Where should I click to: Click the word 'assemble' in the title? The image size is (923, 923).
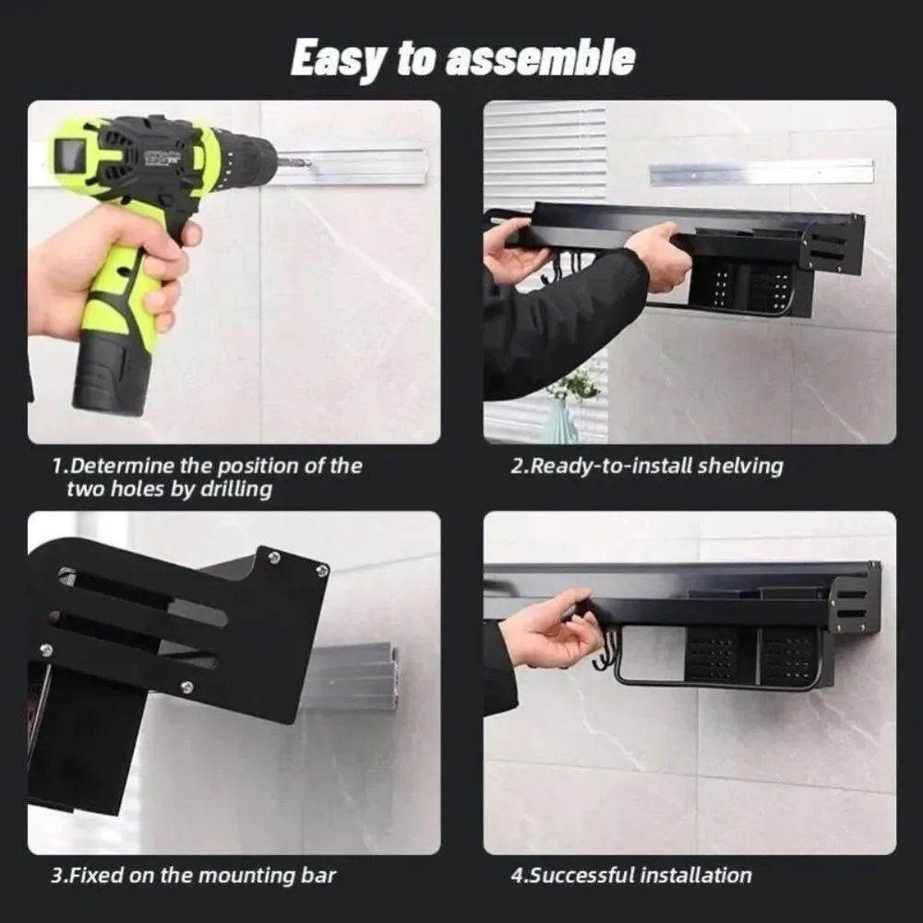(x=540, y=58)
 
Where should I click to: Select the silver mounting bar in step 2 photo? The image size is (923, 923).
(x=761, y=172)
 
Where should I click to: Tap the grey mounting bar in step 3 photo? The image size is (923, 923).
(x=355, y=678)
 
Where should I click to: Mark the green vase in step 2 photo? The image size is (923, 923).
(x=560, y=420)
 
